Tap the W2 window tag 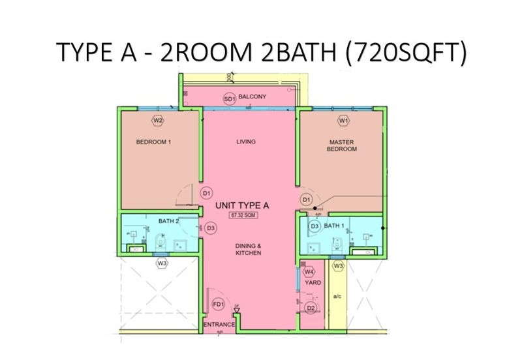157,121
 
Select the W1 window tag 343,121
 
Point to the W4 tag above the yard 309,272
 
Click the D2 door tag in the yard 311,308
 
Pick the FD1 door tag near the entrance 218,305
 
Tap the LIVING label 245,142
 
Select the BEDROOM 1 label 153,142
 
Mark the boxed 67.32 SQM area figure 241,215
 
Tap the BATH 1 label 334,226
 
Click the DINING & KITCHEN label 249,249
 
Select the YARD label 313,283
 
